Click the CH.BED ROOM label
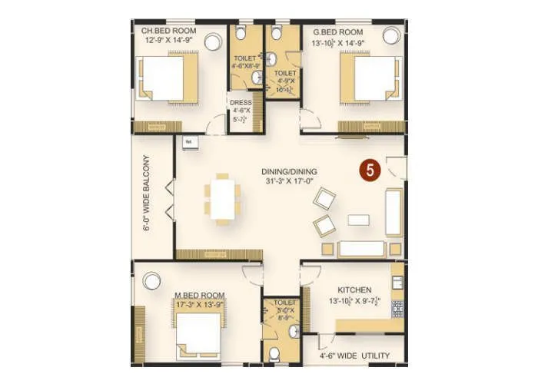168,31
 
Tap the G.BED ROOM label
338,31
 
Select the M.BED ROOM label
199,295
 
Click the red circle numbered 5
370,171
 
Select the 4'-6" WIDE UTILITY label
355,356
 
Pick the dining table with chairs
222,198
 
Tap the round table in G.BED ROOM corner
391,35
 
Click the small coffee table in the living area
358,220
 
